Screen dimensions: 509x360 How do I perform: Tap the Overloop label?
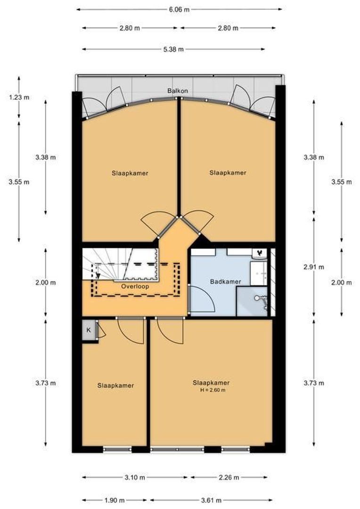(135, 286)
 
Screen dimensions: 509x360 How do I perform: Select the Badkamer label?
(225, 282)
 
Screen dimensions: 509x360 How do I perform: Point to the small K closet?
(88, 330)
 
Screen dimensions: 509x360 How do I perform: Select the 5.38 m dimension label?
(173, 49)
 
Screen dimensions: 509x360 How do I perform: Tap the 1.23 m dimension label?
(19, 98)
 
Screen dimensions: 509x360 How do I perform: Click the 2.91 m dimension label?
(314, 267)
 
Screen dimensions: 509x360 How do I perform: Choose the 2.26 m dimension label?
(229, 477)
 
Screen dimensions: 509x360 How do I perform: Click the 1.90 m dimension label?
(115, 500)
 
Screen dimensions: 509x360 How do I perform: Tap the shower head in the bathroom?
(258, 298)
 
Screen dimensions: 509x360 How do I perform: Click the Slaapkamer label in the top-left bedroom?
(130, 173)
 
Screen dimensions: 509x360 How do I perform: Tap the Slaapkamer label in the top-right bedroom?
(228, 173)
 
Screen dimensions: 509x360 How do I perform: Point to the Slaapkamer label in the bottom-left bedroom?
(115, 386)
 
